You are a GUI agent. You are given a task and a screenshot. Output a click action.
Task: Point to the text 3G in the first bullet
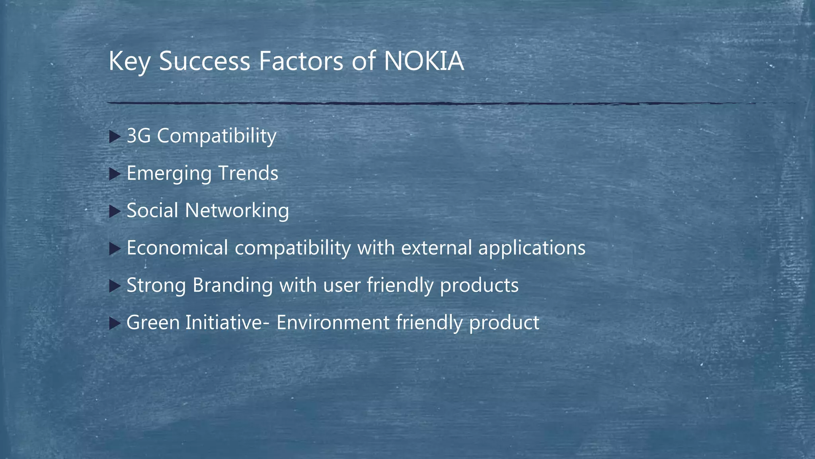click(138, 136)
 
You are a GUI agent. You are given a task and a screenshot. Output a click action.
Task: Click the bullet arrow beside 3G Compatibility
click(114, 137)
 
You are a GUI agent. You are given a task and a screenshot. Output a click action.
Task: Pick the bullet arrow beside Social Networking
click(114, 212)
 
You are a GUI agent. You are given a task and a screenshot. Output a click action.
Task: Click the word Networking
click(237, 211)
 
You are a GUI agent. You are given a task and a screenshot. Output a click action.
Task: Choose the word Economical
click(177, 248)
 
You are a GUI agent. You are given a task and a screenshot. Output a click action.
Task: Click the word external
click(436, 248)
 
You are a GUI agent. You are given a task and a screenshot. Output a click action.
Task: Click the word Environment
click(333, 322)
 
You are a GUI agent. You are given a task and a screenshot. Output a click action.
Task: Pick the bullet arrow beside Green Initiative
click(114, 324)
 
